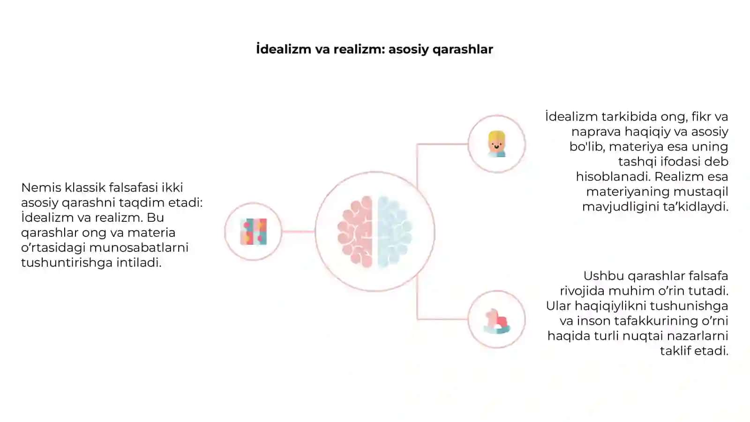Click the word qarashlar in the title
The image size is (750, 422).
(462, 50)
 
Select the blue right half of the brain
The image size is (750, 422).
(395, 232)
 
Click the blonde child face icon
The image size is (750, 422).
(496, 144)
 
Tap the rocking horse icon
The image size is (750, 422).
(497, 321)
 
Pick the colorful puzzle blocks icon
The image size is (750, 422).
(254, 232)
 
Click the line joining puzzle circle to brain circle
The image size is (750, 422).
(298, 232)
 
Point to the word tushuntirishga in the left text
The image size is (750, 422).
(67, 263)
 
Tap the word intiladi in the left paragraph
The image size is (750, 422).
(139, 263)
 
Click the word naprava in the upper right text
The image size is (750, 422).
(596, 132)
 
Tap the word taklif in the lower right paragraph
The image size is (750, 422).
(674, 351)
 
